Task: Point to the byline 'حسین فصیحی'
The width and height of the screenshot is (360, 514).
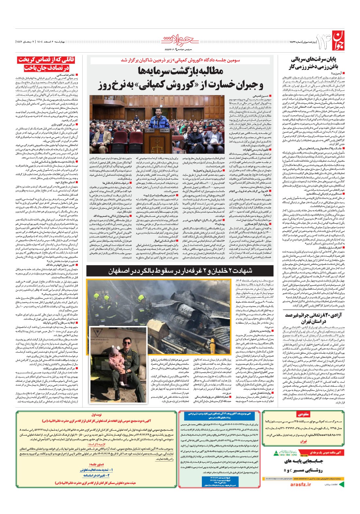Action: [x=259, y=96]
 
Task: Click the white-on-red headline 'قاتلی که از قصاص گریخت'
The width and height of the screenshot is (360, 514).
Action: [x=47, y=60]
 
